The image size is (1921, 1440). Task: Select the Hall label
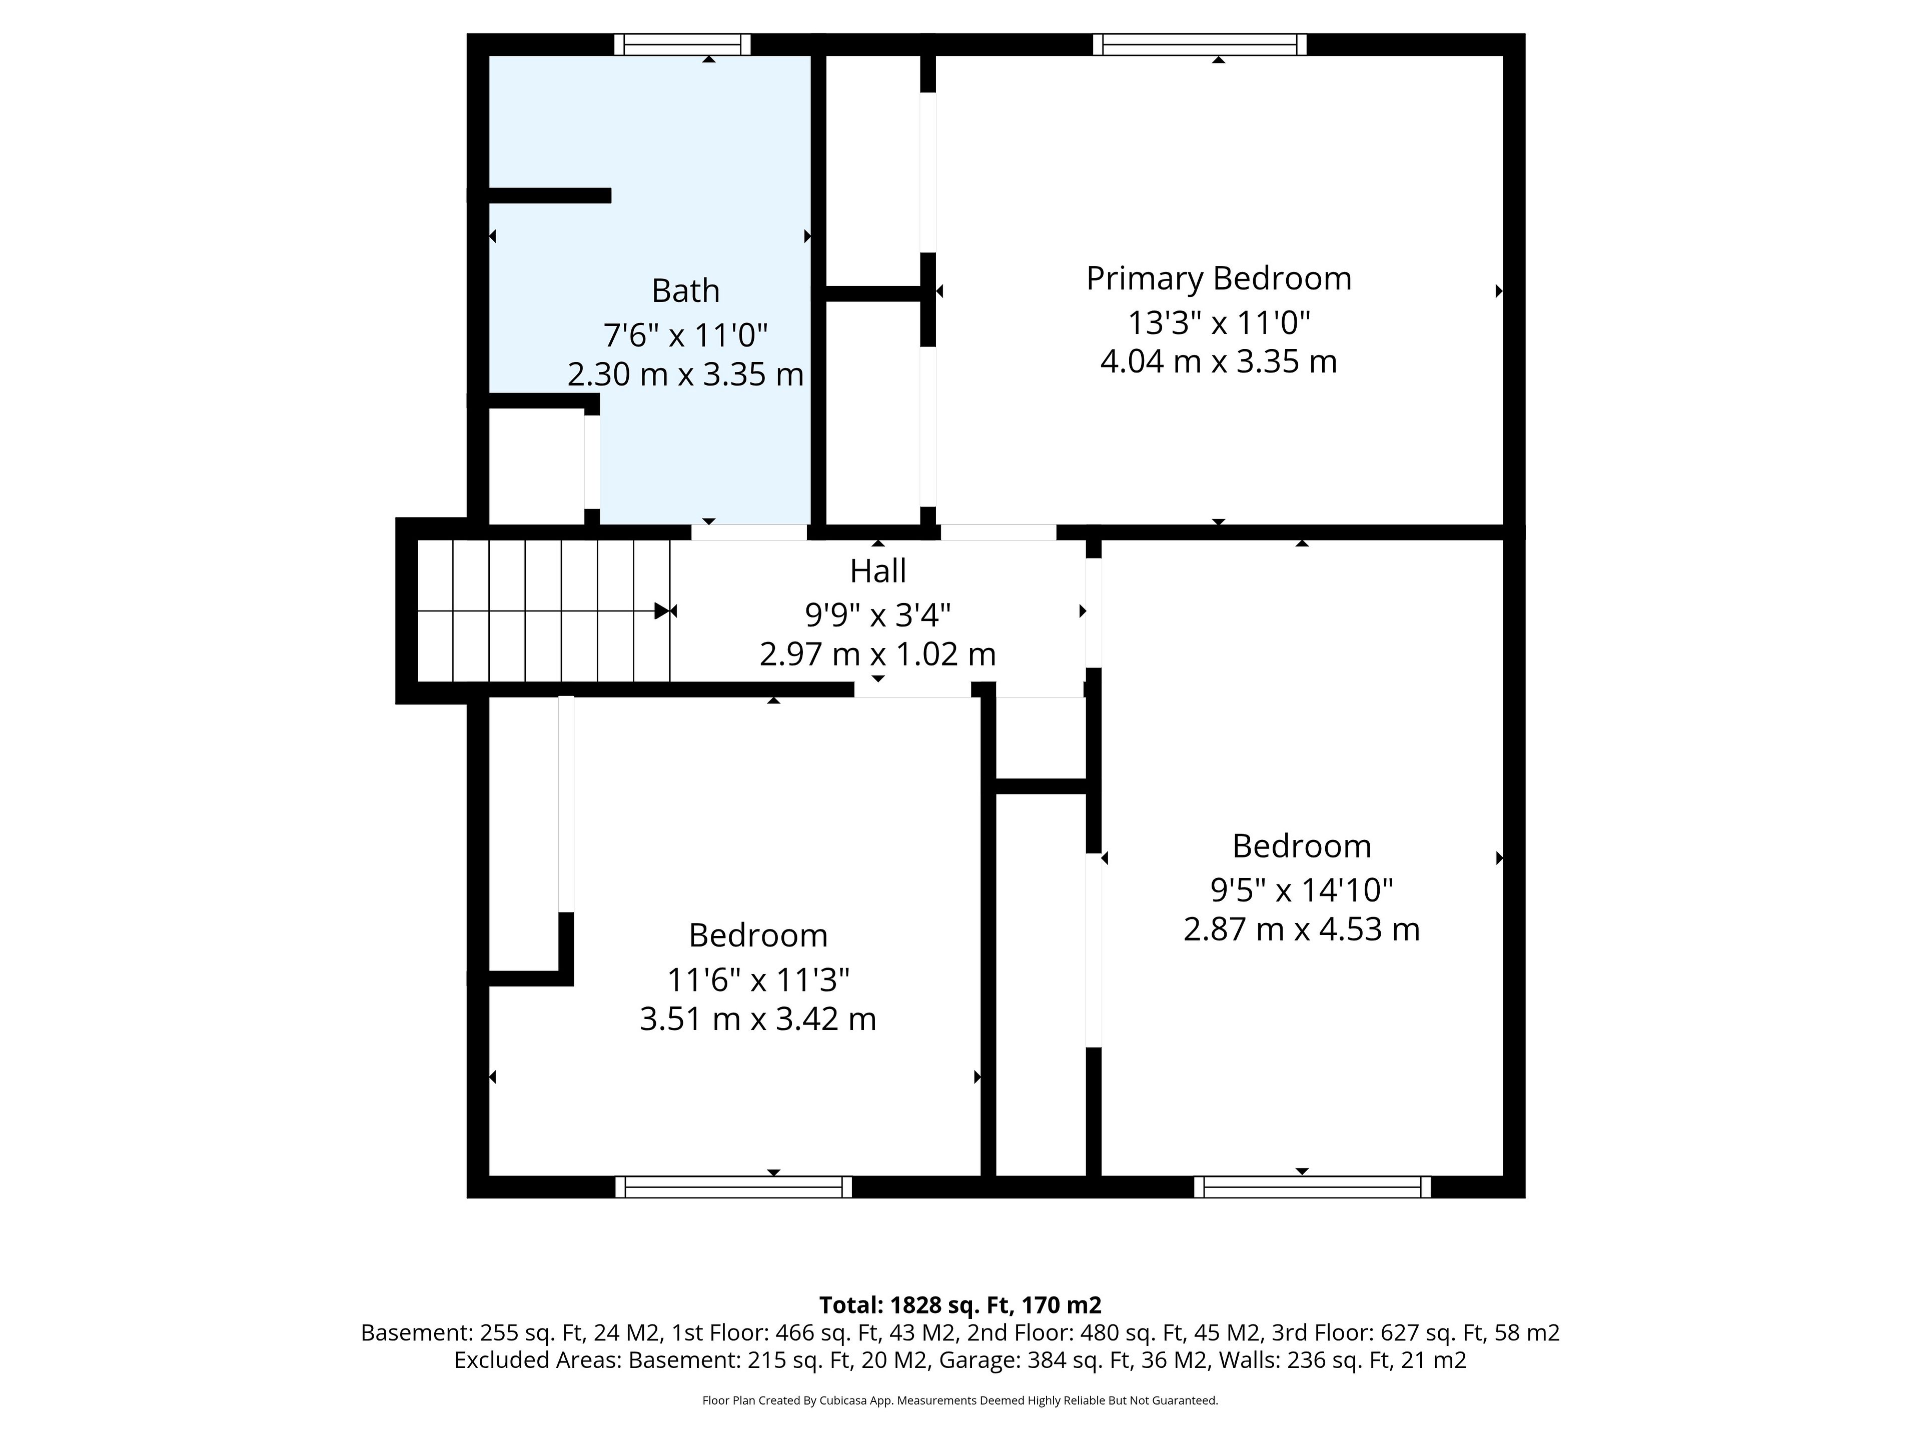coord(878,571)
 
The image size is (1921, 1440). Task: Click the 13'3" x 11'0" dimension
coord(1219,323)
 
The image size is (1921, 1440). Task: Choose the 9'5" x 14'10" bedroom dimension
coord(1302,889)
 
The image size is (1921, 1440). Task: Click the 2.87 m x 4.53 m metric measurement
coord(1302,929)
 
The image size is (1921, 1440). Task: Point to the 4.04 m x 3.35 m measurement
coord(1219,361)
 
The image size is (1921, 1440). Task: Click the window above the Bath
coord(682,44)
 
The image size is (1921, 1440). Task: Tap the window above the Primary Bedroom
coord(1199,44)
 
